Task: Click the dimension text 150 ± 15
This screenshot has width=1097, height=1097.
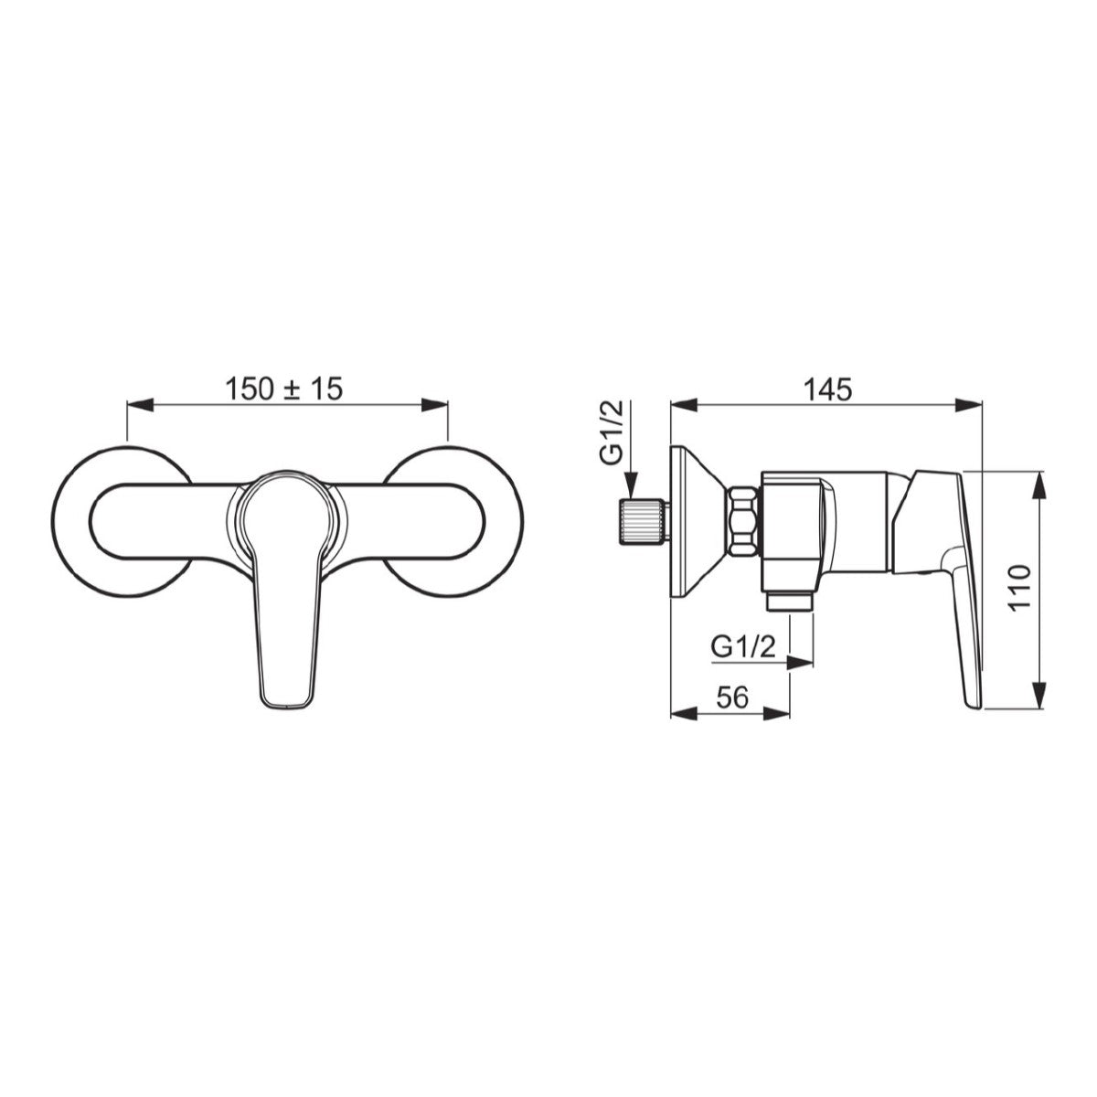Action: [x=284, y=389]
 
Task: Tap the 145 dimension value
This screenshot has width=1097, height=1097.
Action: [x=828, y=389]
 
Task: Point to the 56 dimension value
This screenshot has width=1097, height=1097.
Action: [x=732, y=698]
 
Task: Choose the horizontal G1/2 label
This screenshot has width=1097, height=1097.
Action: [x=743, y=647]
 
